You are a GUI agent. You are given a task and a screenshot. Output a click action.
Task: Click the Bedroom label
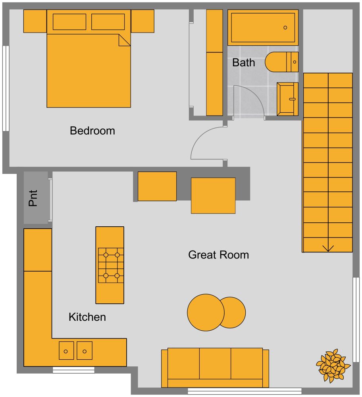(92, 131)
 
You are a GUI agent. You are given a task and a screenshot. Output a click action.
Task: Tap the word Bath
(243, 63)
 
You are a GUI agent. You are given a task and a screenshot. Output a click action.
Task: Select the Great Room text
(218, 254)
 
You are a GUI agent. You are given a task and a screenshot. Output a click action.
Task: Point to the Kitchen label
(87, 317)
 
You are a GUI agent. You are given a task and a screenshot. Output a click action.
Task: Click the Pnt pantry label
(34, 198)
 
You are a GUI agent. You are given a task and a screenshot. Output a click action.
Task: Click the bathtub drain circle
(285, 27)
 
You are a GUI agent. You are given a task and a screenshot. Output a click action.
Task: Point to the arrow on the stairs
(328, 248)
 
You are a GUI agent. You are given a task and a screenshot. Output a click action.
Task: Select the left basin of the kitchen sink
(66, 351)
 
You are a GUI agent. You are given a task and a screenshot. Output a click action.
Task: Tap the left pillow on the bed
(69, 22)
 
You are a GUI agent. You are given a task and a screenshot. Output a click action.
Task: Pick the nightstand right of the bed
(142, 21)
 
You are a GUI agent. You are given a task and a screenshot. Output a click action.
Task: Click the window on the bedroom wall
(6, 88)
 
